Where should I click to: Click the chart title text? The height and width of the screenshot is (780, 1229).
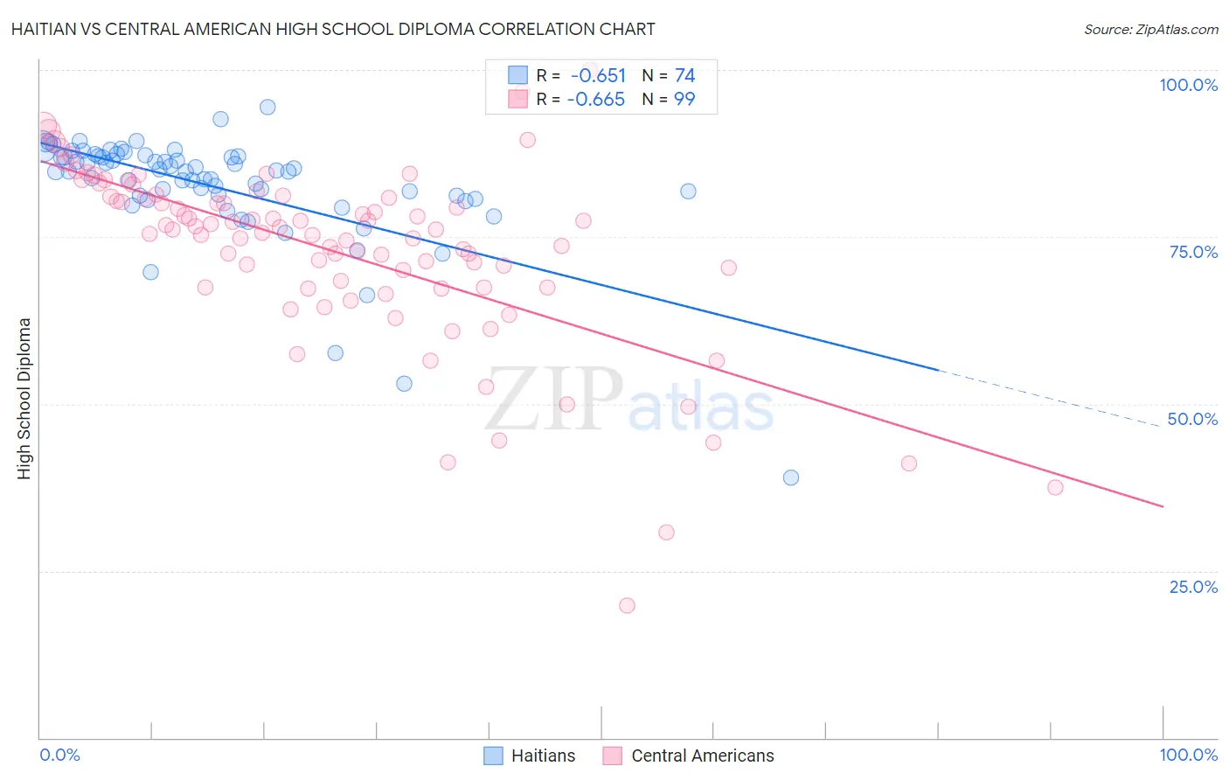click(x=331, y=29)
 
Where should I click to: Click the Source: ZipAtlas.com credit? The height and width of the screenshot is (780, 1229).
click(x=1150, y=29)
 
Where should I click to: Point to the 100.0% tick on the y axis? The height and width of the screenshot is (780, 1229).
click(x=1188, y=85)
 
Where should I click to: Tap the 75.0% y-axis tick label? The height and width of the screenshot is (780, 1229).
click(x=1193, y=252)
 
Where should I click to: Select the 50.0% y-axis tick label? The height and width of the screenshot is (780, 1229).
click(x=1192, y=419)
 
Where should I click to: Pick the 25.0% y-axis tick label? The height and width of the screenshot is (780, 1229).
click(x=1193, y=587)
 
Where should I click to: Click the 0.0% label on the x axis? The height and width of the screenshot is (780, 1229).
click(x=60, y=755)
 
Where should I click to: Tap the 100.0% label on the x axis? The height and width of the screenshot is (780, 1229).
click(x=1188, y=755)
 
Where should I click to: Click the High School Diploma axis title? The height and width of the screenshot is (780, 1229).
click(x=24, y=398)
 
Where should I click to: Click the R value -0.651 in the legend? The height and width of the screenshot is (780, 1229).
click(x=598, y=76)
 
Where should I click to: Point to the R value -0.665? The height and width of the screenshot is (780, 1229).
click(x=596, y=100)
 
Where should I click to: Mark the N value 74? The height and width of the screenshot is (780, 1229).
click(x=684, y=76)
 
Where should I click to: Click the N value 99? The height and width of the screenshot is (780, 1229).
click(x=684, y=100)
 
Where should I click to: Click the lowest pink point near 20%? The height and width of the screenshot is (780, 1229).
click(x=627, y=605)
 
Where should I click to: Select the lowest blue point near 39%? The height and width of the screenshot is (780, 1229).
click(x=791, y=477)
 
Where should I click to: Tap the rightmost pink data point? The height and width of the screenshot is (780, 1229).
click(x=1055, y=487)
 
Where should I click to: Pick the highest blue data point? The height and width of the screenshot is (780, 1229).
click(x=267, y=107)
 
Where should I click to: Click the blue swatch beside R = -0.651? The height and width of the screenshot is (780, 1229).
click(x=518, y=76)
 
